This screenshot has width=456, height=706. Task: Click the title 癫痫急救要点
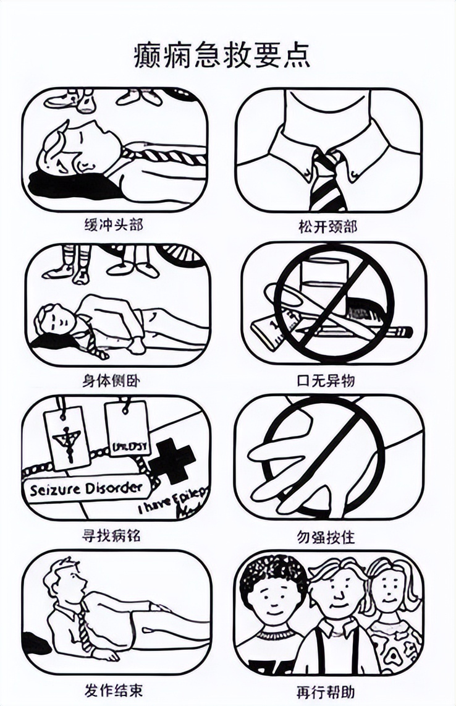tap(222, 56)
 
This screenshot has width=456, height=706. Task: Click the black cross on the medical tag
tap(171, 461)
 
